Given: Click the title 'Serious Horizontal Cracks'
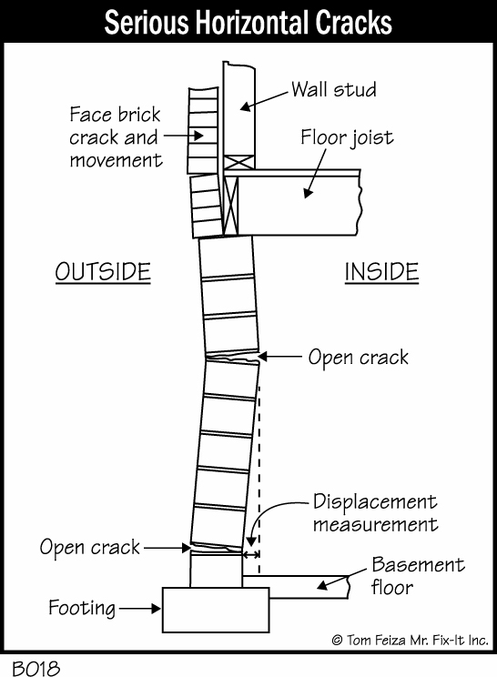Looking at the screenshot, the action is [x=248, y=22].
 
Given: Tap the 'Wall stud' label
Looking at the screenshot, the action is [x=334, y=89].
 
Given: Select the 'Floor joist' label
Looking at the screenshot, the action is [x=347, y=137].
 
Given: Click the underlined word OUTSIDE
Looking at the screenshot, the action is [x=103, y=272].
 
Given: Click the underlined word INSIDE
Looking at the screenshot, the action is [x=381, y=272].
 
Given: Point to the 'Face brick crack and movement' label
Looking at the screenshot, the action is [x=116, y=137].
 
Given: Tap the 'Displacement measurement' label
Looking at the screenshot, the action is [x=376, y=513].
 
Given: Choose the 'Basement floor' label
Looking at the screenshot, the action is [x=418, y=576].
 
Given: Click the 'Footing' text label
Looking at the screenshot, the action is [x=82, y=609].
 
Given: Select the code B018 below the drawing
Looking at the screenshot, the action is [x=35, y=669].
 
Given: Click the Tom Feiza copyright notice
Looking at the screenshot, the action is [x=410, y=640].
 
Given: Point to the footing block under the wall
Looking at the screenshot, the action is [x=216, y=610].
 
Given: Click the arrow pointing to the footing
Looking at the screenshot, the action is [x=139, y=609].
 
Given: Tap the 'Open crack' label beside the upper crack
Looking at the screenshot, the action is [x=359, y=358].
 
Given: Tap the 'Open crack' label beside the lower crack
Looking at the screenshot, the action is [x=90, y=547].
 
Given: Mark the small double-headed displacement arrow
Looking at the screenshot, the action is [x=251, y=554].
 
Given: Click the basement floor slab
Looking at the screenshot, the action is [x=295, y=587].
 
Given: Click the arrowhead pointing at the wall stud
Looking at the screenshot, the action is [x=245, y=106].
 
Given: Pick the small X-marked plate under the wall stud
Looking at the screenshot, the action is [x=239, y=162].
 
